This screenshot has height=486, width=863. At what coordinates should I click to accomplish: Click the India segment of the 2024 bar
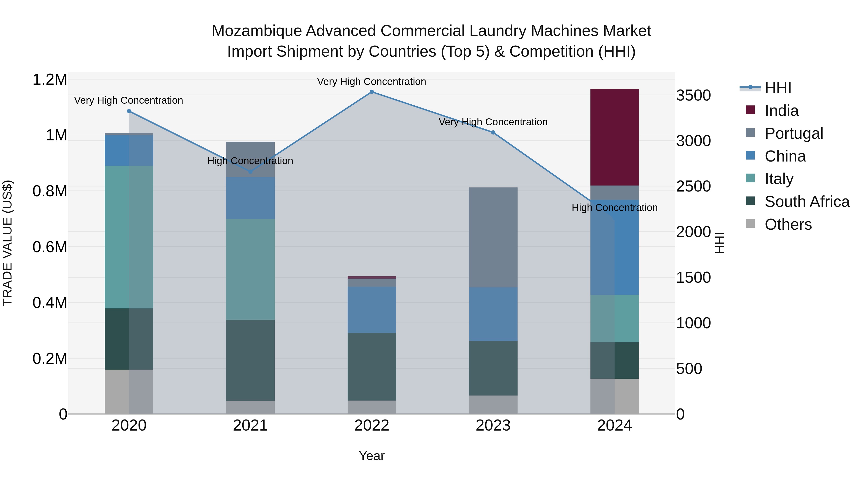(614, 137)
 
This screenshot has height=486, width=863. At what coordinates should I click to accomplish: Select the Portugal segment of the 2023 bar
(493, 237)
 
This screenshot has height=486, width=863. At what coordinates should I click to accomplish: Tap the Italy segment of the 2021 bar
(250, 269)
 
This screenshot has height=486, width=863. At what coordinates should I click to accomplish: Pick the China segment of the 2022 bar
(372, 310)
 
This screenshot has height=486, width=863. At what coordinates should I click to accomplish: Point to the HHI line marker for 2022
(372, 92)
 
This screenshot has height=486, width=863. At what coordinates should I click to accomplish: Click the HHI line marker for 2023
(493, 132)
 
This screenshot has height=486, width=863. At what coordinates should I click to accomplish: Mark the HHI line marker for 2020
(129, 111)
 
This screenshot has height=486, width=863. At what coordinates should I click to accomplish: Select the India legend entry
(781, 111)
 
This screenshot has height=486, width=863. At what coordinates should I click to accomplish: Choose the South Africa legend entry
(807, 202)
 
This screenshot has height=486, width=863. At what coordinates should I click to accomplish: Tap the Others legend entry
(788, 224)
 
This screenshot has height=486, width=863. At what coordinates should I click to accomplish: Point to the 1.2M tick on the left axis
(50, 80)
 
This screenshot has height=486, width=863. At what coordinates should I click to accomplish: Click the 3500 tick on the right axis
(693, 96)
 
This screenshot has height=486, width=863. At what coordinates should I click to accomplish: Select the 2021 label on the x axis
(250, 426)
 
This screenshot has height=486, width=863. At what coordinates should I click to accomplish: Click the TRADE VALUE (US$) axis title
(7, 243)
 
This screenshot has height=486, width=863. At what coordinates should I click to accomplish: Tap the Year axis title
(372, 456)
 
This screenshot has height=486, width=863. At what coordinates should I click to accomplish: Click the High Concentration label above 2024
(614, 208)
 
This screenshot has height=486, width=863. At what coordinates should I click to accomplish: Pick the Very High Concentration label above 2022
(372, 82)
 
